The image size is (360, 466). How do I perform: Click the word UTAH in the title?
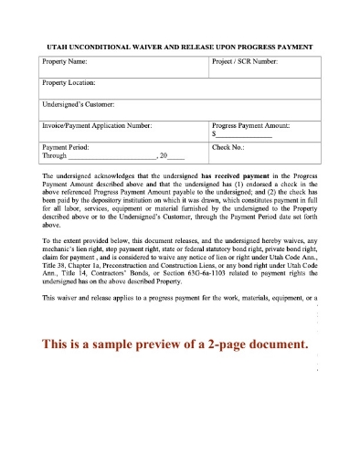pyautogui.click(x=57, y=46)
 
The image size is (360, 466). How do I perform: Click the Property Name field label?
pyautogui.click(x=66, y=63)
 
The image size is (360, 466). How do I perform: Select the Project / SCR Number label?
pyautogui.click(x=245, y=63)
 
